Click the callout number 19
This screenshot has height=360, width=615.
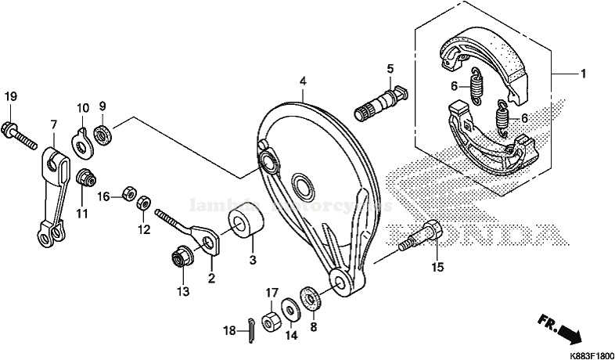tap(11, 96)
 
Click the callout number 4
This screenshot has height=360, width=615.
tap(303, 81)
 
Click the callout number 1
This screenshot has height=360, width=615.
tap(583, 74)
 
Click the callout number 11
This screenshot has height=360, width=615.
tap(82, 213)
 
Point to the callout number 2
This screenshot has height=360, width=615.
tap(210, 278)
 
